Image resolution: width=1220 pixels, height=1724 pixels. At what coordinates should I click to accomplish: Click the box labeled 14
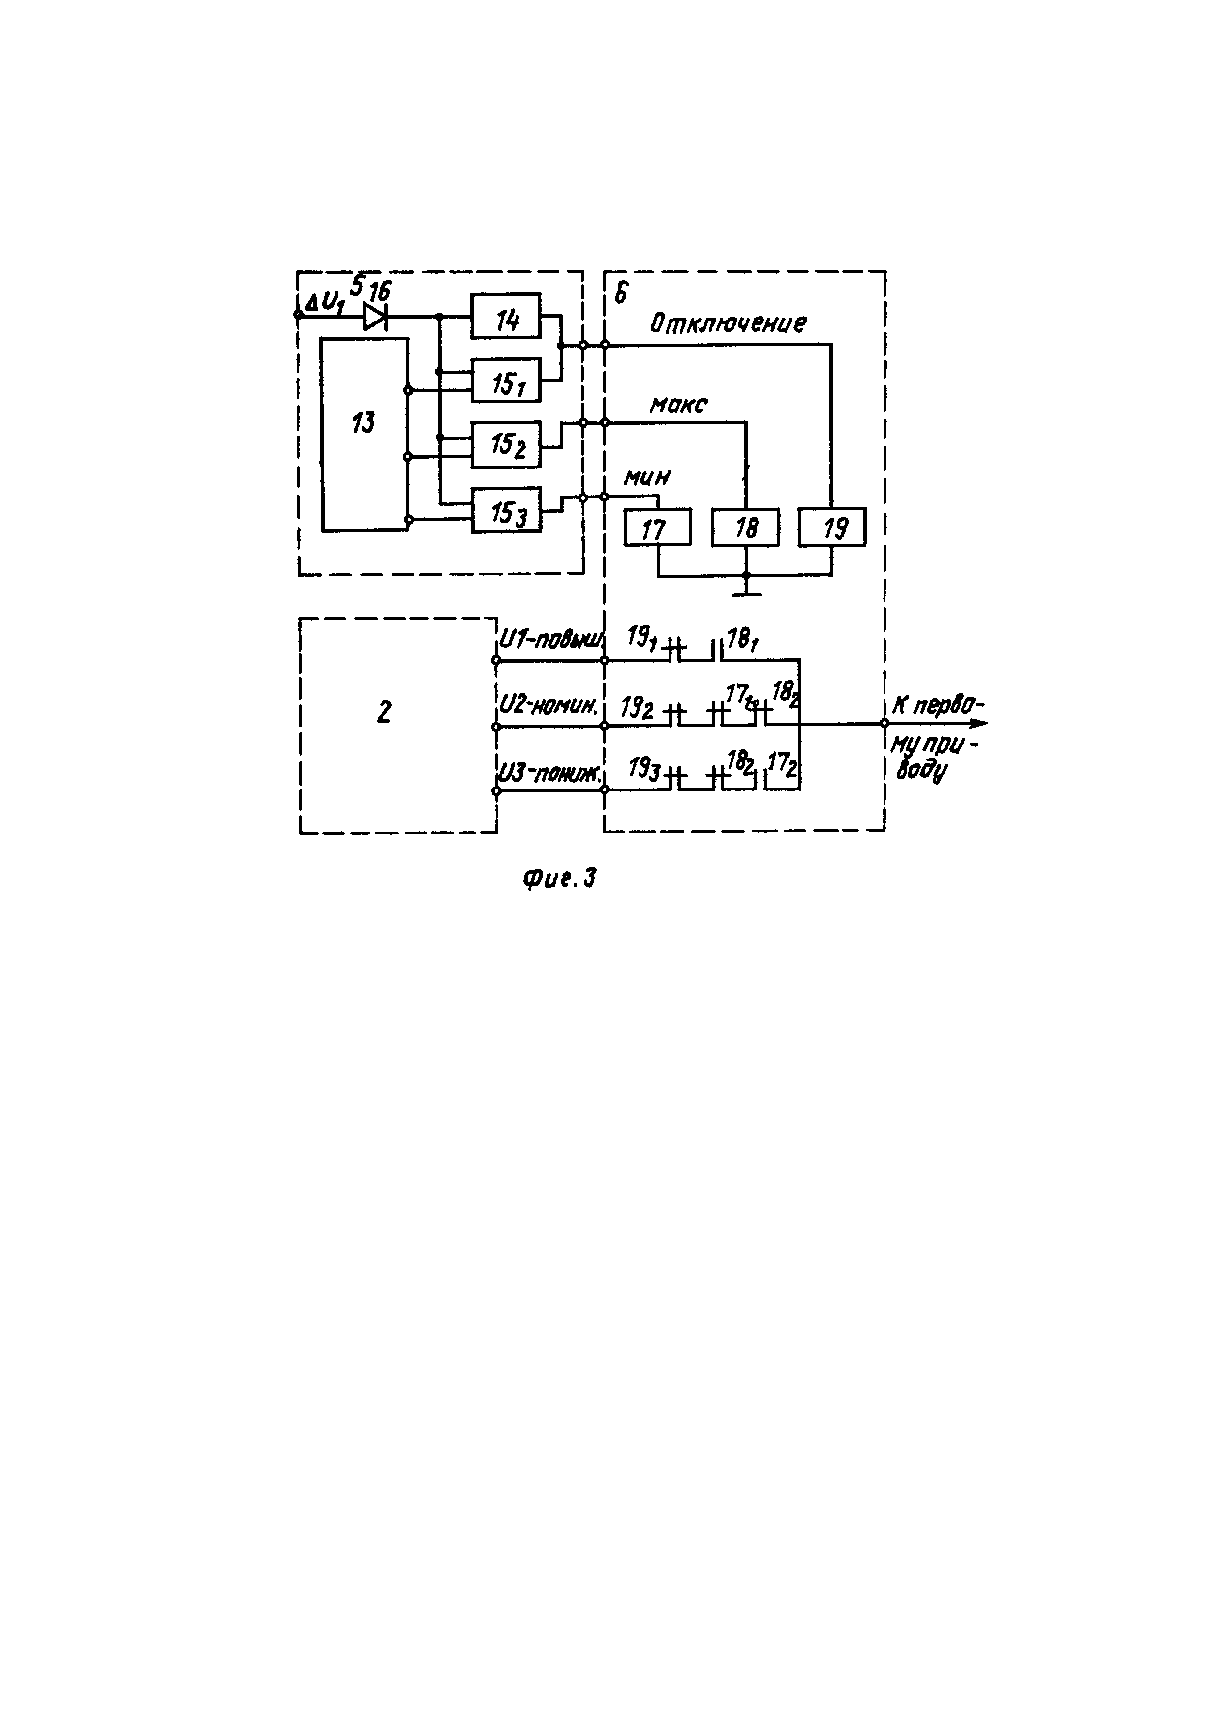coord(506,316)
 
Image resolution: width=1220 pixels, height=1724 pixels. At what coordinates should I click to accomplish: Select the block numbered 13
coord(365,435)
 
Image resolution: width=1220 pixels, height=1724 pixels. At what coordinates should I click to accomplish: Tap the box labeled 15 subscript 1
coord(506,380)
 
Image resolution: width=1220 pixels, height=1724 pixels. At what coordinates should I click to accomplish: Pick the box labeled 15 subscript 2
coord(506,444)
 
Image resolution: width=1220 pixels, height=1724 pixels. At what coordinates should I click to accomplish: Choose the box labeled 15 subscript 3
coord(506,510)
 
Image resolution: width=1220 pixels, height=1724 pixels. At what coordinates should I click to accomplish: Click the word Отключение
coord(728,323)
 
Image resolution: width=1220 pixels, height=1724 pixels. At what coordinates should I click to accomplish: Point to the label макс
coord(678,406)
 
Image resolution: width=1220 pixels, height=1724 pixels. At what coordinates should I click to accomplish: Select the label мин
coord(647,477)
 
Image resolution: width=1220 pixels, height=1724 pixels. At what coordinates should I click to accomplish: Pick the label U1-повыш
coord(550,640)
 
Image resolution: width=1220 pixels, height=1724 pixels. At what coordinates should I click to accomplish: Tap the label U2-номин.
coord(549,705)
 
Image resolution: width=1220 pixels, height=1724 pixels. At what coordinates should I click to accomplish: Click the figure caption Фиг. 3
coord(559,878)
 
